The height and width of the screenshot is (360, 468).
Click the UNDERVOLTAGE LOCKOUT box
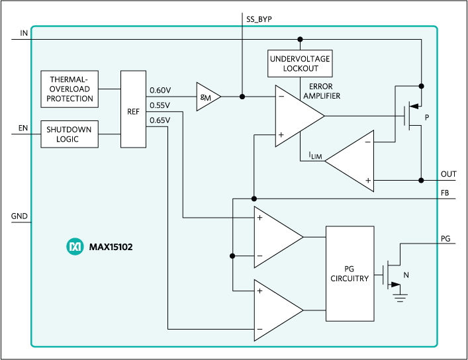click(299, 64)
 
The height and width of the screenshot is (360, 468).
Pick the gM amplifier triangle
click(207, 97)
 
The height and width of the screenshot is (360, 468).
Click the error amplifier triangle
click(297, 116)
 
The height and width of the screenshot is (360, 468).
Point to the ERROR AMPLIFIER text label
click(320, 91)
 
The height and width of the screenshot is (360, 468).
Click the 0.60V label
click(160, 90)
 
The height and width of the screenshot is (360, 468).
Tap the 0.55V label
click(160, 105)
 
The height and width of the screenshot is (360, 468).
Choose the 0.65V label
click(160, 120)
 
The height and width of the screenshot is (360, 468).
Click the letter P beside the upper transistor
click(428, 117)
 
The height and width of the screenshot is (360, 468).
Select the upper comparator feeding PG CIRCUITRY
click(277, 236)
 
